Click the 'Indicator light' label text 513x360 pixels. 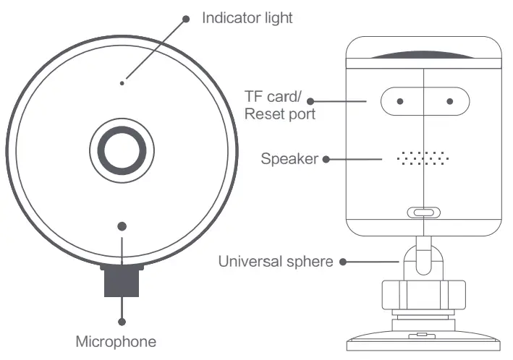(x=247, y=17)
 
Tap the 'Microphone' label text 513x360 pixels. (x=116, y=340)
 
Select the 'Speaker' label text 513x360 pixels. (x=289, y=158)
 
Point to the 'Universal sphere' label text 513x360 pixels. (x=276, y=261)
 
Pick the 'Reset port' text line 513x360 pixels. (x=279, y=114)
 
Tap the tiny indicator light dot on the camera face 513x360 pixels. (x=122, y=84)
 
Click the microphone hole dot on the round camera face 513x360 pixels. (x=122, y=226)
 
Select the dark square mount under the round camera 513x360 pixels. (x=122, y=280)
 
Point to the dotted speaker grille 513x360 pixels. (x=423, y=158)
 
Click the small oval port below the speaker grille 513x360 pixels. (x=423, y=213)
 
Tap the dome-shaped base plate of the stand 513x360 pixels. (x=423, y=340)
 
